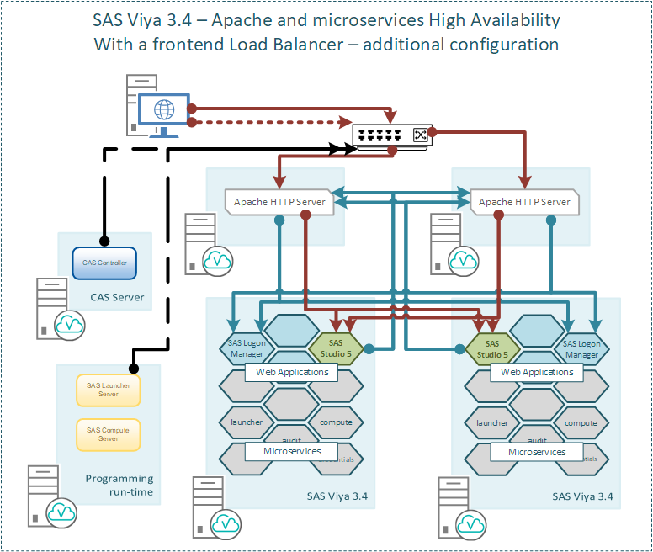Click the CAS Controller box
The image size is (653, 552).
click(105, 263)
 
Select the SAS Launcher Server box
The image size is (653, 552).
click(108, 389)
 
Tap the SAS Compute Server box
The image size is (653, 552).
click(108, 434)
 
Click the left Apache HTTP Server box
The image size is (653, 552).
click(279, 202)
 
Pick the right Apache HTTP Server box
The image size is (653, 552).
click(524, 202)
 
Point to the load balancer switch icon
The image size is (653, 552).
click(393, 135)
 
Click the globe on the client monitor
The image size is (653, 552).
click(164, 109)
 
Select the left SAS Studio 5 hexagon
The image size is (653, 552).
click(336, 347)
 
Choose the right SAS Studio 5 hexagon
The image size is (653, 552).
click(492, 347)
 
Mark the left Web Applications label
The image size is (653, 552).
click(291, 372)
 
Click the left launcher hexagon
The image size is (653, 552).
click(247, 422)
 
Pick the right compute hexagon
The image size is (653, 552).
click(581, 422)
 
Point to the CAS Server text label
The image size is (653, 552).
click(117, 297)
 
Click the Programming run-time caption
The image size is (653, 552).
click(119, 485)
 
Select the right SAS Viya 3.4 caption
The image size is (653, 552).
click(582, 496)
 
